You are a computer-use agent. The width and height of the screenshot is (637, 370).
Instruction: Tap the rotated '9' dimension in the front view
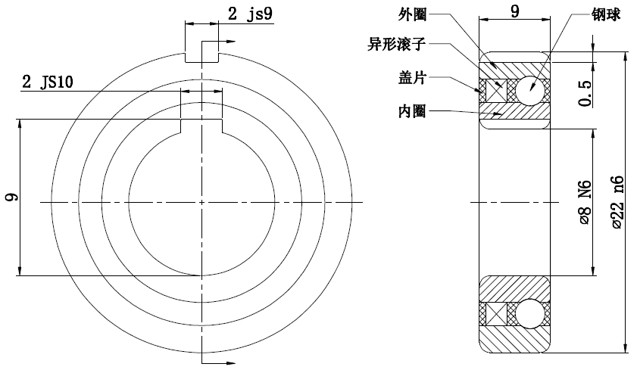11,199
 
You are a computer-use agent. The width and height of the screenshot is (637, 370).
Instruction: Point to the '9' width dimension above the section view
515,11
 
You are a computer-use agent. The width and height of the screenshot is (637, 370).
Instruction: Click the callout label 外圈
412,14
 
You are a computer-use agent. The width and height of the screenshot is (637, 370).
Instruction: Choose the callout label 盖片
411,77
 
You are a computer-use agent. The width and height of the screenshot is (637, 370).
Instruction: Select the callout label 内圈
411,111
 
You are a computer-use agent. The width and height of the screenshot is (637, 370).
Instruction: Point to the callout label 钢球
607,14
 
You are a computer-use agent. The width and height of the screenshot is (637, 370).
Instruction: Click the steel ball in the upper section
528,91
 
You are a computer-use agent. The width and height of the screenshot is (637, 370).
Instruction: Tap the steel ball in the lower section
528,312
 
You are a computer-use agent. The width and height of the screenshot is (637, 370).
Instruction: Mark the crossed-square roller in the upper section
495,91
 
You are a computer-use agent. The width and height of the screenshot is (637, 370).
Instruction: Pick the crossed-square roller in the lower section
495,312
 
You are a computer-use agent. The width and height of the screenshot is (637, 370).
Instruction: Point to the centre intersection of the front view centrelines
202,201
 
